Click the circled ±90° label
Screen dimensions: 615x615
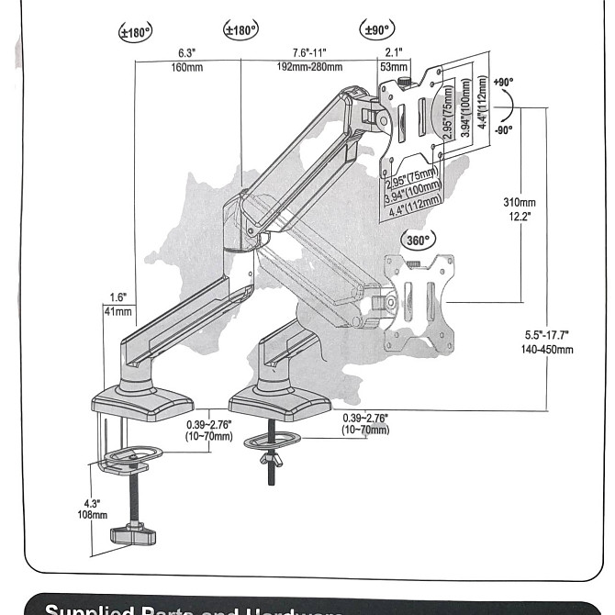378,30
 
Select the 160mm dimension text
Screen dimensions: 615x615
187,66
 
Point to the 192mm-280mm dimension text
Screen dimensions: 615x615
309,66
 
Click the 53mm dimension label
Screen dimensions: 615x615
393,66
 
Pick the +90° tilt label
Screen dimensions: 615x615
503,82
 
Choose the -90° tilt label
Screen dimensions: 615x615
504,129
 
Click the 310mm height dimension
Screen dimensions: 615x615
520,202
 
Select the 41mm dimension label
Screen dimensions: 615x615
118,312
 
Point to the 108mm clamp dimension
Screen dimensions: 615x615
92,515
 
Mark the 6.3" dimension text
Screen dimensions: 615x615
186,53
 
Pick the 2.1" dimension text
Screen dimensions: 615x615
393,53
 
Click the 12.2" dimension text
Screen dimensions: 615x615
520,215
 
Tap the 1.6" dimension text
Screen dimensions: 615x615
117,297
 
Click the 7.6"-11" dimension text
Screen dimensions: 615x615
309,53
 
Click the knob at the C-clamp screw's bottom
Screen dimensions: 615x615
130,534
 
